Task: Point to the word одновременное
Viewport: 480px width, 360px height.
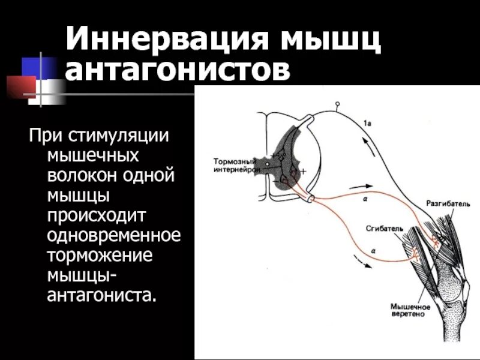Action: [x=113, y=235]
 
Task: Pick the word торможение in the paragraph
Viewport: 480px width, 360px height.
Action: [x=99, y=254]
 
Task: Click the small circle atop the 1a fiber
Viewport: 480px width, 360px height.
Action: [x=337, y=105]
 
